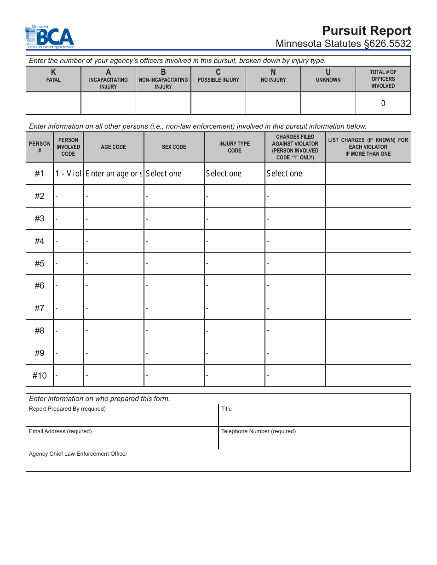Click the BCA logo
[50, 38]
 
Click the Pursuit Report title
[366, 31]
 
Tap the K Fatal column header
[53, 76]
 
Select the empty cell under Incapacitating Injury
[108, 103]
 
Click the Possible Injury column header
[218, 76]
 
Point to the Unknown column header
[328, 76]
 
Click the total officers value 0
[383, 103]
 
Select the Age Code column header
[113, 147]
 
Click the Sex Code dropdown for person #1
[174, 174]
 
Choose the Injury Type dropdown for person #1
[234, 174]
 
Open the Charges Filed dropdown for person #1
[295, 174]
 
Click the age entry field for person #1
[114, 174]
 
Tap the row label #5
[40, 263]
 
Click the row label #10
[40, 376]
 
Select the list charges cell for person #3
[368, 219]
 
